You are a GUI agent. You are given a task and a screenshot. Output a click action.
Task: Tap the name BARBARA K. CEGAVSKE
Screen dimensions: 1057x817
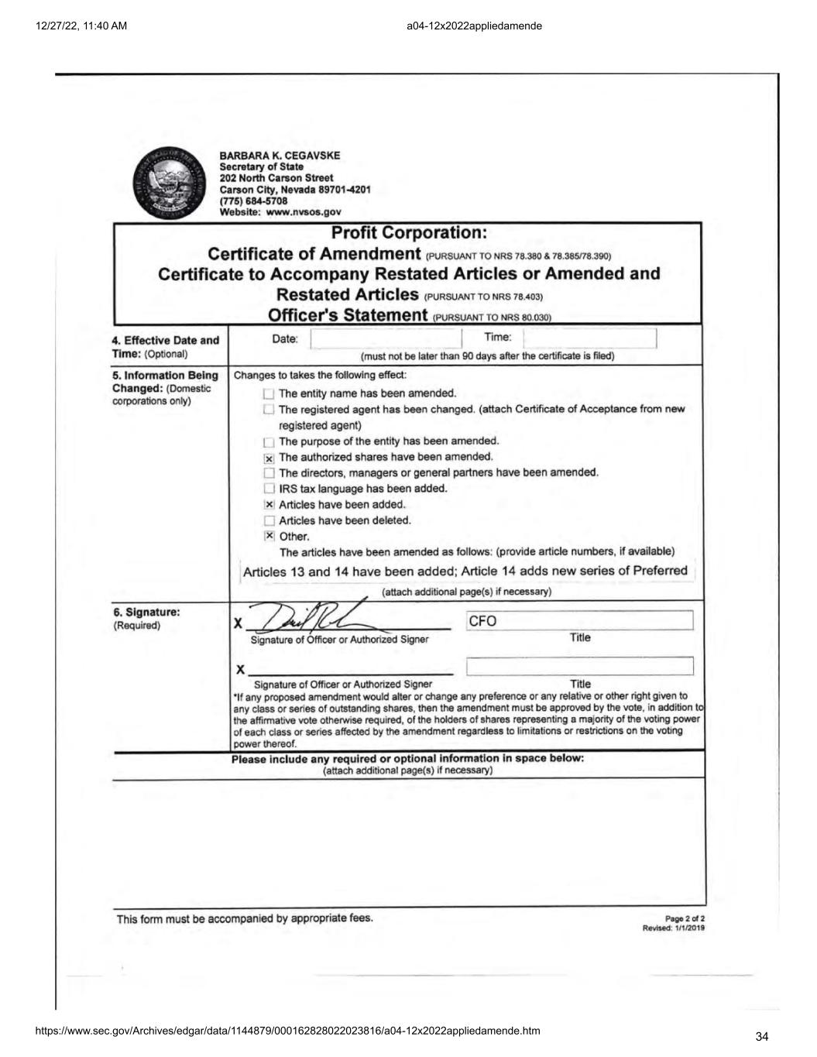click(x=280, y=156)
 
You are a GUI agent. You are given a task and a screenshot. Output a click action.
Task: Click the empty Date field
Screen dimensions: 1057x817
click(x=385, y=338)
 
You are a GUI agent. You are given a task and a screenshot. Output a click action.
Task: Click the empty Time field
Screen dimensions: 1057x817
click(x=589, y=338)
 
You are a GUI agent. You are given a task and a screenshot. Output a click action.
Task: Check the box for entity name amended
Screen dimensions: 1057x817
click(x=269, y=394)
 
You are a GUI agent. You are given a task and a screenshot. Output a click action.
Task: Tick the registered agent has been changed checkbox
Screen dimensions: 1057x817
click(x=269, y=410)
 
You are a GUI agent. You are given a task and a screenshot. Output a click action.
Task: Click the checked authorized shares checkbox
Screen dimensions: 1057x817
click(x=269, y=458)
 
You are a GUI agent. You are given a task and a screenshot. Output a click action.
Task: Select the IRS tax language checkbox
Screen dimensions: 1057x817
click(x=269, y=489)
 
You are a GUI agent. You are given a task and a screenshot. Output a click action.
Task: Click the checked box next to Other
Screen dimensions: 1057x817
click(x=269, y=536)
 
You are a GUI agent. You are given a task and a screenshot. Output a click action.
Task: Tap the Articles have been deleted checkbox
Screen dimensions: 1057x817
click(x=269, y=520)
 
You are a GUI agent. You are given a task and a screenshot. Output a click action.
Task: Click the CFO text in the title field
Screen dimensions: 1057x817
click(x=482, y=621)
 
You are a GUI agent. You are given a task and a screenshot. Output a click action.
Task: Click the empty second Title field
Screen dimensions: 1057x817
click(x=579, y=666)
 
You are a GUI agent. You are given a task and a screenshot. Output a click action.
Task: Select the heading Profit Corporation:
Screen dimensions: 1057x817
click(x=408, y=232)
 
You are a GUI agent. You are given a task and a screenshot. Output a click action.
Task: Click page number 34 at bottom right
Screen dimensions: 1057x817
click(x=761, y=1036)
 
